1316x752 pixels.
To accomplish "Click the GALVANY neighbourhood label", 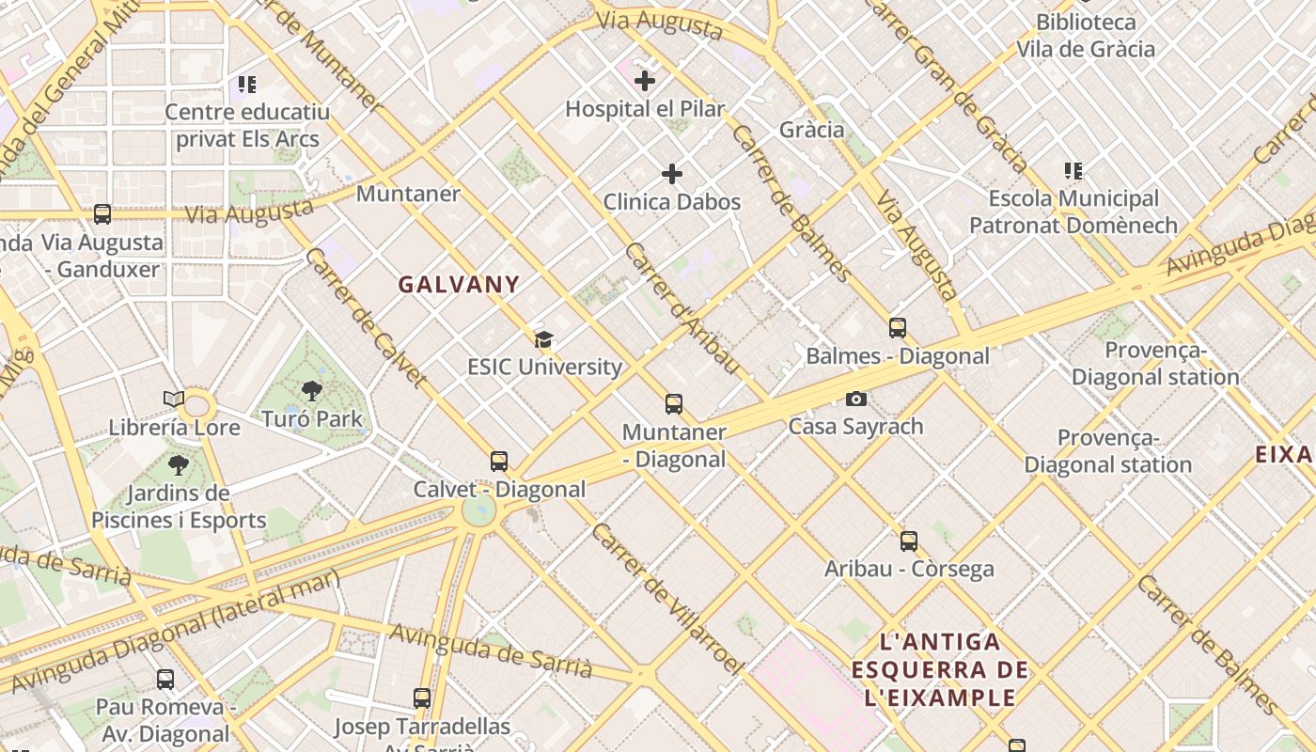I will click(x=459, y=284).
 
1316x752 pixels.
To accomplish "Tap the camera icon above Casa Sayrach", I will click(x=855, y=399).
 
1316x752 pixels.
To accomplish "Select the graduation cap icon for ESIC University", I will click(x=543, y=339).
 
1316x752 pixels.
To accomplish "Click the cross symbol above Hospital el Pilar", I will click(x=645, y=81).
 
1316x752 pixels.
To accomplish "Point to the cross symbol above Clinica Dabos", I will click(x=672, y=174).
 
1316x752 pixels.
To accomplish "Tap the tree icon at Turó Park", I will click(x=312, y=390).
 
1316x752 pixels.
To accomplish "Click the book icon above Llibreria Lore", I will click(x=174, y=399).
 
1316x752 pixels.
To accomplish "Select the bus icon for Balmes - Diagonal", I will click(x=898, y=328).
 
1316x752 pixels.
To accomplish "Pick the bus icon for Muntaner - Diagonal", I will click(x=674, y=404).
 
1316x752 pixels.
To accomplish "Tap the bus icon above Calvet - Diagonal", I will click(x=499, y=462).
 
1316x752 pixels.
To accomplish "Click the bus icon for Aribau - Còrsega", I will click(x=909, y=541).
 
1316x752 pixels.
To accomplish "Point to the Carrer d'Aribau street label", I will click(x=681, y=308).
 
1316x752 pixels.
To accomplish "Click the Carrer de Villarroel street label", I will click(x=667, y=598).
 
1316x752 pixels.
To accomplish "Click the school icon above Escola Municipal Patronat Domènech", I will click(x=1073, y=171).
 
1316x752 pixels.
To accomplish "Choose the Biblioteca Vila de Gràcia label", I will click(x=1086, y=36).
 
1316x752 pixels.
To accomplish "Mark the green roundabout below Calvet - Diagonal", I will click(x=478, y=510).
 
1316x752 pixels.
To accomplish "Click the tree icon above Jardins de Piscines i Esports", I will click(x=179, y=464).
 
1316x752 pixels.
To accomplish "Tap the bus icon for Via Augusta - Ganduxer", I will click(x=102, y=214).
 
